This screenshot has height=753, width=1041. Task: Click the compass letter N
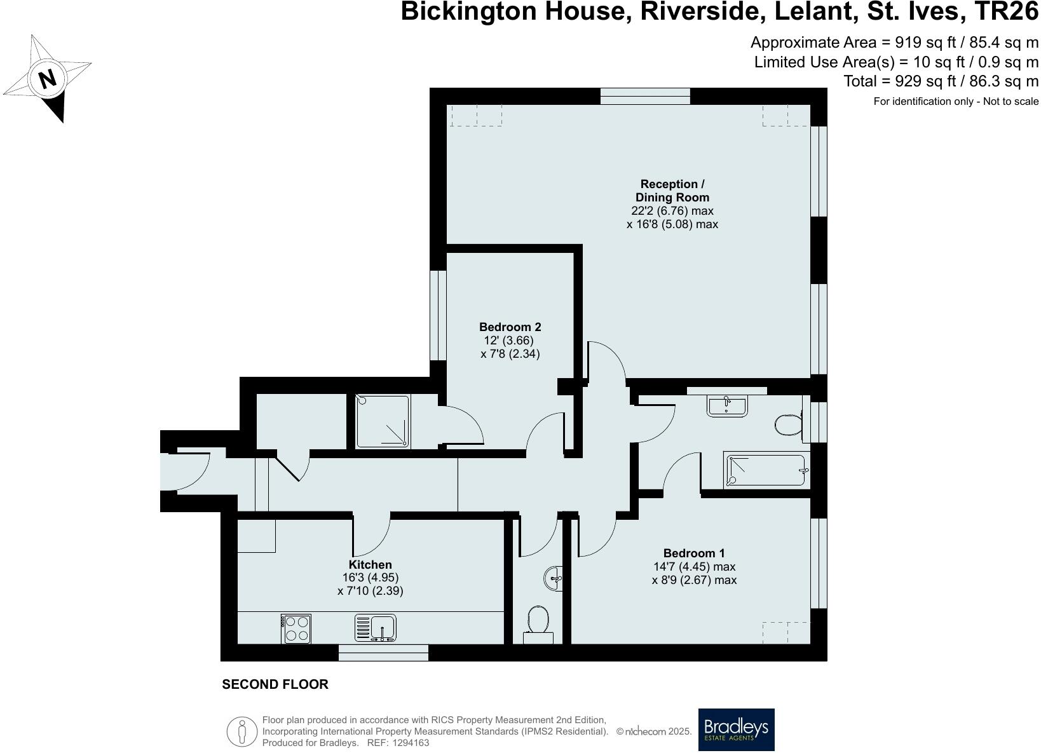click(47, 79)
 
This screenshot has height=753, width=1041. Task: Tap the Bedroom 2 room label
click(510, 327)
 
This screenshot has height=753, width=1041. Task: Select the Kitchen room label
click(370, 564)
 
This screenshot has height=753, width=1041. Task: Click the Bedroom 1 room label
click(693, 553)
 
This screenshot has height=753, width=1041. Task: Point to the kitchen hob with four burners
click(296, 628)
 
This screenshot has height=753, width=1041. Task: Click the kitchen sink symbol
click(376, 628)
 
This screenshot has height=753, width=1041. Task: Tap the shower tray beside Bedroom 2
click(383, 421)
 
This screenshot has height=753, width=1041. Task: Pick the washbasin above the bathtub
click(727, 405)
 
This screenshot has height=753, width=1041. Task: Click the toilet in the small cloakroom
click(538, 620)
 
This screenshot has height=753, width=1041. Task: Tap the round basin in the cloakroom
click(552, 578)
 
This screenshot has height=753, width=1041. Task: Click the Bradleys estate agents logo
click(736, 729)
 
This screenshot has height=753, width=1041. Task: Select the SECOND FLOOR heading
click(275, 684)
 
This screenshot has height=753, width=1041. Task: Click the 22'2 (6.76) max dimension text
click(672, 211)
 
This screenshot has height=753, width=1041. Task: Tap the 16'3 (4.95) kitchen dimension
click(370, 578)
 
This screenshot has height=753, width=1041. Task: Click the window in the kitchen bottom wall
click(383, 653)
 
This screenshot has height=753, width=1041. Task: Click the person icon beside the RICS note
click(242, 731)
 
